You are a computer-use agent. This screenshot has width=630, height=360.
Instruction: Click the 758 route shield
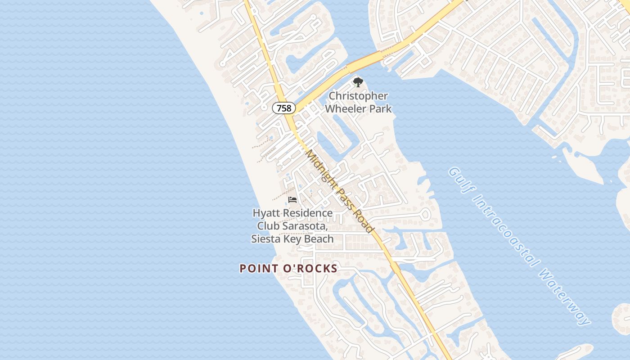click(x=284, y=108)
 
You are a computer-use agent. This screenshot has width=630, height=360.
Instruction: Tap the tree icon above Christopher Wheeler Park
click(x=358, y=82)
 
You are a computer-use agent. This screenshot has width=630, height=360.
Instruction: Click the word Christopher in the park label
click(x=358, y=96)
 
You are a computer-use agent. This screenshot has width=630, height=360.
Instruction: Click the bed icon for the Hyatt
click(x=292, y=199)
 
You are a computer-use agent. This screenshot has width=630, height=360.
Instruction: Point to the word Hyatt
click(x=265, y=213)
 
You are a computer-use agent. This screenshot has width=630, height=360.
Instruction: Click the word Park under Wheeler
click(x=381, y=108)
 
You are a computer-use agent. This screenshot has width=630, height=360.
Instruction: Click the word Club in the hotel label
click(x=268, y=226)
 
